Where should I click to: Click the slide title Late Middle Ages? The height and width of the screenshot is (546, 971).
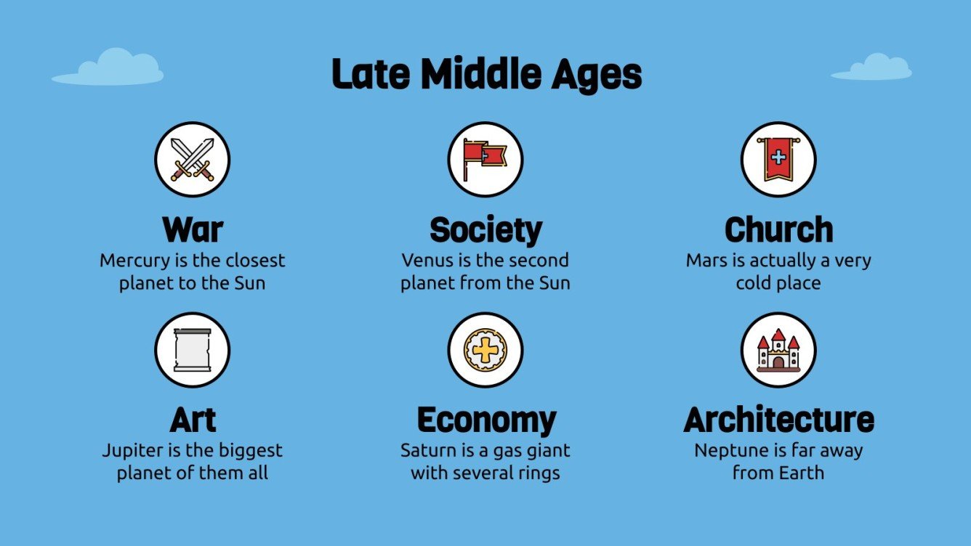[486, 74]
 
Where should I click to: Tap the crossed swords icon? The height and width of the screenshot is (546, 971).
[193, 159]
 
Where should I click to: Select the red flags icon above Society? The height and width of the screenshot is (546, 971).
[485, 159]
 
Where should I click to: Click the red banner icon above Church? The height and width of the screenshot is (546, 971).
[778, 159]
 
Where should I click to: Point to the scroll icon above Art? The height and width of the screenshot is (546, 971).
[193, 350]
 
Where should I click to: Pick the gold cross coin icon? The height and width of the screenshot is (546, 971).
[485, 350]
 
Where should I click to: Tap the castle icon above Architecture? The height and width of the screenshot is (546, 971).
[778, 350]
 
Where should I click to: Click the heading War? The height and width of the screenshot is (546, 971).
[193, 229]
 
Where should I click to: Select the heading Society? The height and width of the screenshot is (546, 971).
[485, 229]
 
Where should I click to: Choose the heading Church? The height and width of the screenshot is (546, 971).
[778, 229]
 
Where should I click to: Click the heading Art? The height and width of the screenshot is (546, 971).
[193, 420]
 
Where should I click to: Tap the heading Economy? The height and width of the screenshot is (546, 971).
[485, 420]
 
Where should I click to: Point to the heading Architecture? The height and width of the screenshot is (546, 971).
[778, 420]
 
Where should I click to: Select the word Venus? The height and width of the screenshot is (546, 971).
[427, 261]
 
